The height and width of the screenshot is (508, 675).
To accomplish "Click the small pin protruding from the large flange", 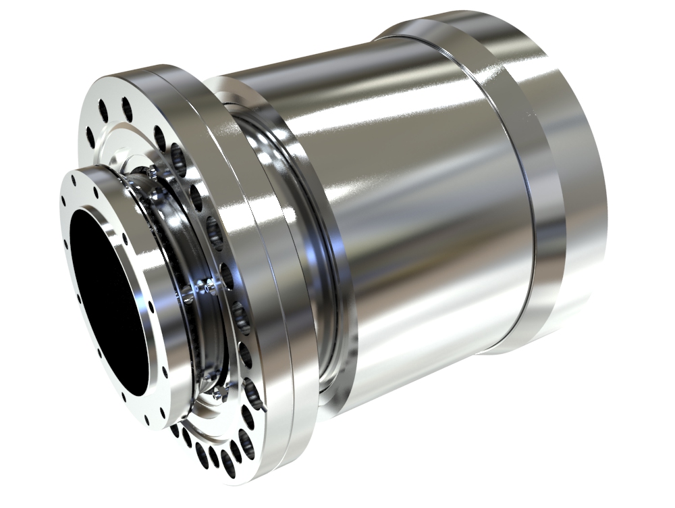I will [268, 409].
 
